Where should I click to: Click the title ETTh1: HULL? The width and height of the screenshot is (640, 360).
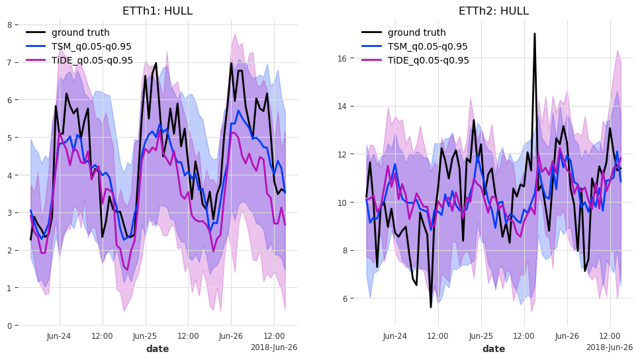pos(158,11)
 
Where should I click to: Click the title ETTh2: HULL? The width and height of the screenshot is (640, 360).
pos(494,11)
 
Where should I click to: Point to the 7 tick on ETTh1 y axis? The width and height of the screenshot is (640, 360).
pos(9,62)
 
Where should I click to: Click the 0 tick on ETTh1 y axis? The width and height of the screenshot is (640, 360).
pos(9,326)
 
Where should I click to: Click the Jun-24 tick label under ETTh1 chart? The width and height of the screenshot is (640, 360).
pos(59,336)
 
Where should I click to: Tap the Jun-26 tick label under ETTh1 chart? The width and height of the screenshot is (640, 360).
pos(231,336)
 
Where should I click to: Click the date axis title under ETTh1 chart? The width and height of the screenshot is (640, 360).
pos(158,349)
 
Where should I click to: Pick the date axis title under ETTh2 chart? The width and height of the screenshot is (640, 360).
pos(494,349)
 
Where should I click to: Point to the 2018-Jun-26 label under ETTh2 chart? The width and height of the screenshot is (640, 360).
pos(610,347)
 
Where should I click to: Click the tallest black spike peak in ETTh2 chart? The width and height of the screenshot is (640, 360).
pos(535,34)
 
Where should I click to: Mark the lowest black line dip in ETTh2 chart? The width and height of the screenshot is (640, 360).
pos(431,307)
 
